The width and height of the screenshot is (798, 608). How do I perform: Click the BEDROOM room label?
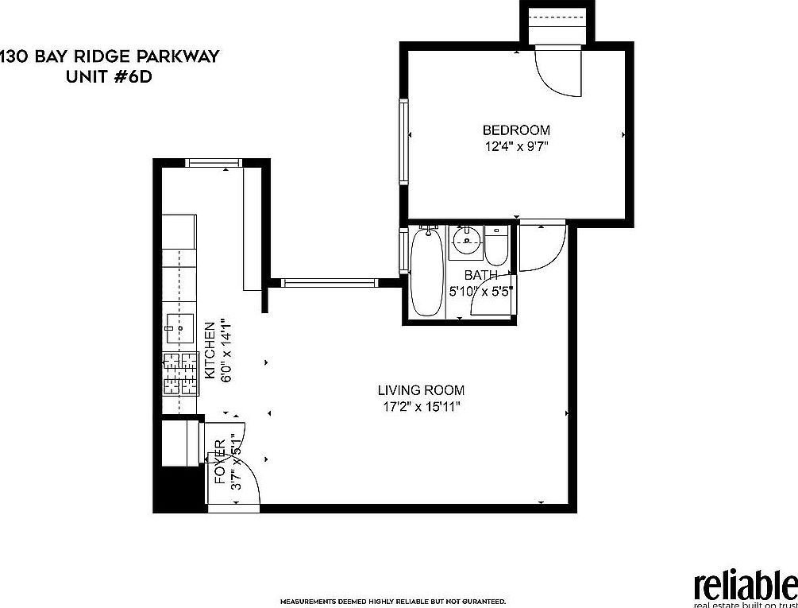pyautogui.click(x=516, y=130)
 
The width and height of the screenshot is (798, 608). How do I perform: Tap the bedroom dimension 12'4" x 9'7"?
pyautogui.click(x=516, y=145)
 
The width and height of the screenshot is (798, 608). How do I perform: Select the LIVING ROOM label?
pyautogui.click(x=421, y=390)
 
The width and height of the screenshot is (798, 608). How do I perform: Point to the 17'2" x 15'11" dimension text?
pyautogui.click(x=421, y=406)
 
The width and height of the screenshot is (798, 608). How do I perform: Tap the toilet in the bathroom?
pyautogui.click(x=497, y=247)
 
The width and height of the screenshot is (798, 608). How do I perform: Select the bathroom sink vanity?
pyautogui.click(x=466, y=242)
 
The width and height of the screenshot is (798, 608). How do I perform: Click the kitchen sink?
pyautogui.click(x=180, y=325)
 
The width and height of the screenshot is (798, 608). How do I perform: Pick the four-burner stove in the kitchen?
pyautogui.click(x=180, y=374)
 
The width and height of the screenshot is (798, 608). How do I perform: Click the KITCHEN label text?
pyautogui.click(x=210, y=350)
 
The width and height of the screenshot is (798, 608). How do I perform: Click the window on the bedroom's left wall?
pyautogui.click(x=403, y=141)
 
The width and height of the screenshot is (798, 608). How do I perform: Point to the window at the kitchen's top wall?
pyautogui.click(x=214, y=163)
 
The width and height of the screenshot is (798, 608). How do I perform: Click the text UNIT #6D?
pyautogui.click(x=106, y=76)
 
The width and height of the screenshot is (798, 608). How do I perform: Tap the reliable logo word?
pyautogui.click(x=745, y=587)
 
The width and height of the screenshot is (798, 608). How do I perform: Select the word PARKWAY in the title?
pyautogui.click(x=179, y=57)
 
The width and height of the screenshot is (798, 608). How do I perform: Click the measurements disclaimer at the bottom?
pyautogui.click(x=392, y=602)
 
